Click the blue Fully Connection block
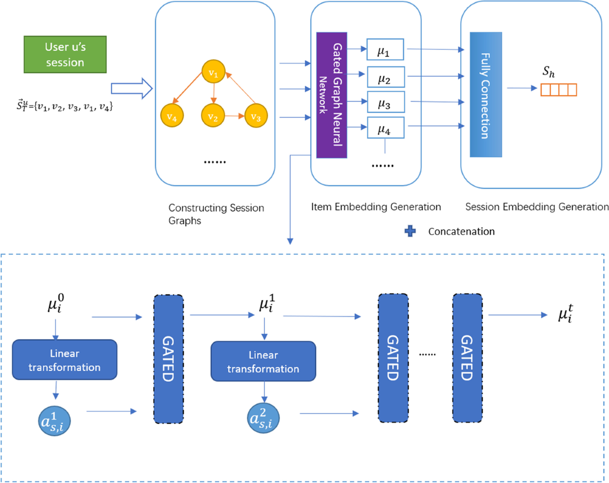pos(486,94)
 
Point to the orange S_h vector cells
pos(558,90)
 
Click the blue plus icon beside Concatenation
pos(410,231)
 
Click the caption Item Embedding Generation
pos(376,206)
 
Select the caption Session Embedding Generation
pos(536,206)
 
